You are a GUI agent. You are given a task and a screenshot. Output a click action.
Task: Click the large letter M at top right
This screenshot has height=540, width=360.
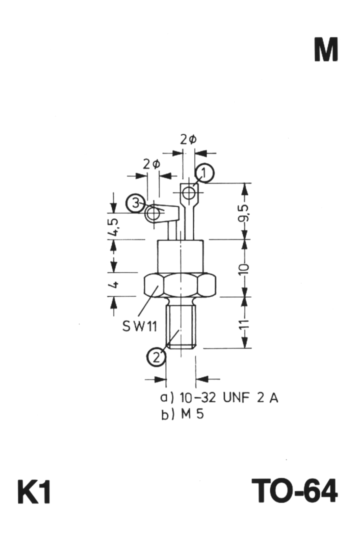click(326, 50)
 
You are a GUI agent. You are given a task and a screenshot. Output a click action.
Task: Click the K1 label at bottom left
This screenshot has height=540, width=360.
click(34, 491)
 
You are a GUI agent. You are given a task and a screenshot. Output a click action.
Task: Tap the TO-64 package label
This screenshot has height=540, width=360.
click(294, 491)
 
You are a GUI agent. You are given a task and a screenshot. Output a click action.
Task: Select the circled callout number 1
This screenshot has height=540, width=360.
click(204, 173)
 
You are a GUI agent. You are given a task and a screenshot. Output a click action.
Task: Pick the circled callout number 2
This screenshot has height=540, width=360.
click(156, 357)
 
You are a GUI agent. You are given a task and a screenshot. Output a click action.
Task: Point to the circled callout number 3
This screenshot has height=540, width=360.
click(135, 203)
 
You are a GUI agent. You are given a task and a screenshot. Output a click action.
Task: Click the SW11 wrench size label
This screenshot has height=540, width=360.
click(139, 326)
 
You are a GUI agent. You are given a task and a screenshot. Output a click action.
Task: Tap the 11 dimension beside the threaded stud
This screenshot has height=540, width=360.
click(244, 325)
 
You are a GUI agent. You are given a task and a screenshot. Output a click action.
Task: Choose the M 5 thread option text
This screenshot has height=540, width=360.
click(192, 414)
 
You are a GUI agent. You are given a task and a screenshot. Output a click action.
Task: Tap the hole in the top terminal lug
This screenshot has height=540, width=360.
click(189, 193)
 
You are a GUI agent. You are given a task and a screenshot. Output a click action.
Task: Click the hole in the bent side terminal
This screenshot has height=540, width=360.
click(153, 214)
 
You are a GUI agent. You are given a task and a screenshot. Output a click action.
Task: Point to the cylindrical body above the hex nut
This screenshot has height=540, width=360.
click(180, 256)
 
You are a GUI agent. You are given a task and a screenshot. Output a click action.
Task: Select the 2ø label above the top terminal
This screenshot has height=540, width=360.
click(188, 139)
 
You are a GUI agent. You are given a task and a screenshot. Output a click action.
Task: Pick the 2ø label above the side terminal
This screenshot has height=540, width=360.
click(151, 164)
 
